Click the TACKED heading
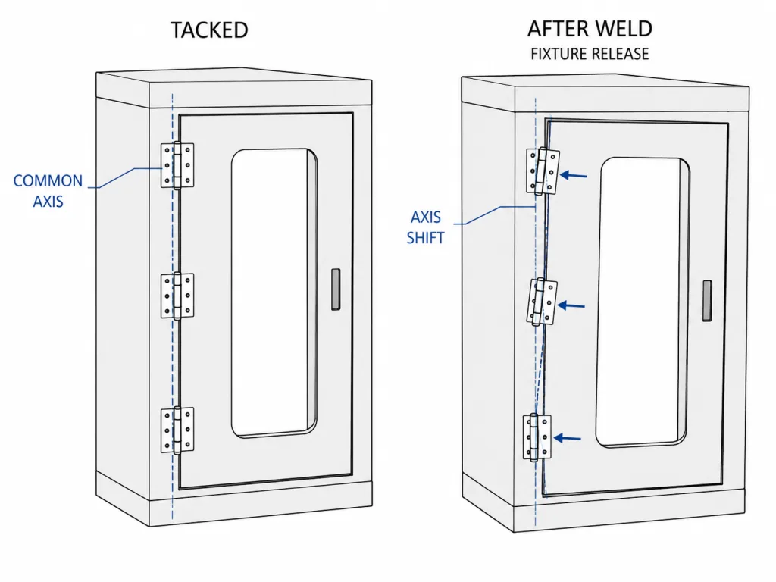[x=209, y=30]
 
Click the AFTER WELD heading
[x=590, y=29]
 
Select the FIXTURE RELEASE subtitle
[x=590, y=54]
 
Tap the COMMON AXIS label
[x=48, y=191]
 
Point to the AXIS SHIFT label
[x=425, y=227]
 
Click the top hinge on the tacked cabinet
[x=177, y=165]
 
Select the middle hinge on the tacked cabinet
[x=177, y=296]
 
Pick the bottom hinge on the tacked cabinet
[x=177, y=430]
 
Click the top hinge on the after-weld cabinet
[x=543, y=171]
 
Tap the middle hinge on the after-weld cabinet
[x=542, y=302]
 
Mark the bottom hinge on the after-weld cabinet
[x=537, y=437]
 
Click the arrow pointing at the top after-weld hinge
[x=574, y=175]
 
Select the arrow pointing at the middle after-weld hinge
[x=571, y=305]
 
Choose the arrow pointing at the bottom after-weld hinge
[x=567, y=438]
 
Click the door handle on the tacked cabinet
[x=336, y=289]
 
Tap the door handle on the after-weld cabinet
[x=707, y=300]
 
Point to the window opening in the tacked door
[x=274, y=293]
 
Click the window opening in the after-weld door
[x=643, y=303]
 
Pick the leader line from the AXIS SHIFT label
[x=495, y=214]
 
